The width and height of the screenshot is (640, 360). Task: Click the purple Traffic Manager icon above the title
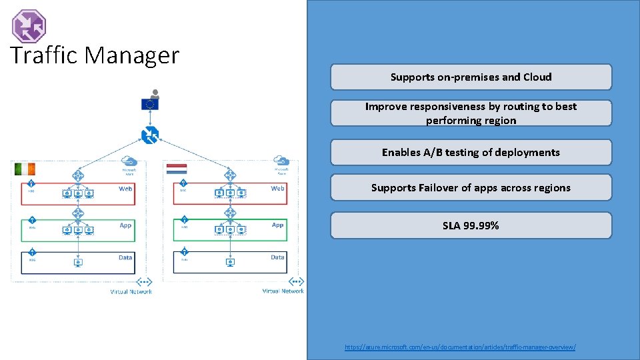(29, 26)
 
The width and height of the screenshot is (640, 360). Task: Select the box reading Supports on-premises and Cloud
(471, 77)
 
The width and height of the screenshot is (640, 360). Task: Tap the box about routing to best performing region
(471, 113)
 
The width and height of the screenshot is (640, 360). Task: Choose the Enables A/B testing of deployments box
(471, 153)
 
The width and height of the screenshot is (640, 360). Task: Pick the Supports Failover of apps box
(471, 188)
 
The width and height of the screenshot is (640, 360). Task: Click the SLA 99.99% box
(471, 226)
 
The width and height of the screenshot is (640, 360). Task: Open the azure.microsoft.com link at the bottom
(460, 347)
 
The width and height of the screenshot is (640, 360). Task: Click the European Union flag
(150, 104)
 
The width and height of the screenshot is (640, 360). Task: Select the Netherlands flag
(177, 169)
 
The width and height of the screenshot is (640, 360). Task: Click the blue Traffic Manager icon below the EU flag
(150, 136)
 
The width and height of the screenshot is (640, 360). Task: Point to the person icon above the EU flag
(155, 93)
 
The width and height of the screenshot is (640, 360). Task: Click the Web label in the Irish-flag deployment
(125, 189)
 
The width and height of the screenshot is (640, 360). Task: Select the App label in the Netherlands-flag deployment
(277, 225)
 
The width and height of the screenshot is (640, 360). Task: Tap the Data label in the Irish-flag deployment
(125, 257)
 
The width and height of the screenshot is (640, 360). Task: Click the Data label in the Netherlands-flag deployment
(277, 257)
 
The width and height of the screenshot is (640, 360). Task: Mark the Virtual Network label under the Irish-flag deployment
(131, 291)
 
